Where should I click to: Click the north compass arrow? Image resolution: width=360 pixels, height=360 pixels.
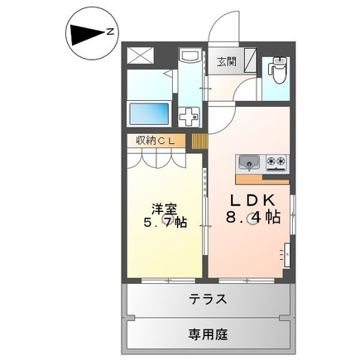pos(83,33)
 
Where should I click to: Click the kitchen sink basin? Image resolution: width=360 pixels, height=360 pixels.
pos(249,161)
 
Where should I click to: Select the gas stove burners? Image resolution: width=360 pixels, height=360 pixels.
pos(275,161)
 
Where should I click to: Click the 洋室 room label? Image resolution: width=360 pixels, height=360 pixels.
pos(162,209)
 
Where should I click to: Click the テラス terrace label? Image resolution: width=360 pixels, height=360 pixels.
pos(206,300)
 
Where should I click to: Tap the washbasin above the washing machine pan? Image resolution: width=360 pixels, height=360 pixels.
pos(190,59)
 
